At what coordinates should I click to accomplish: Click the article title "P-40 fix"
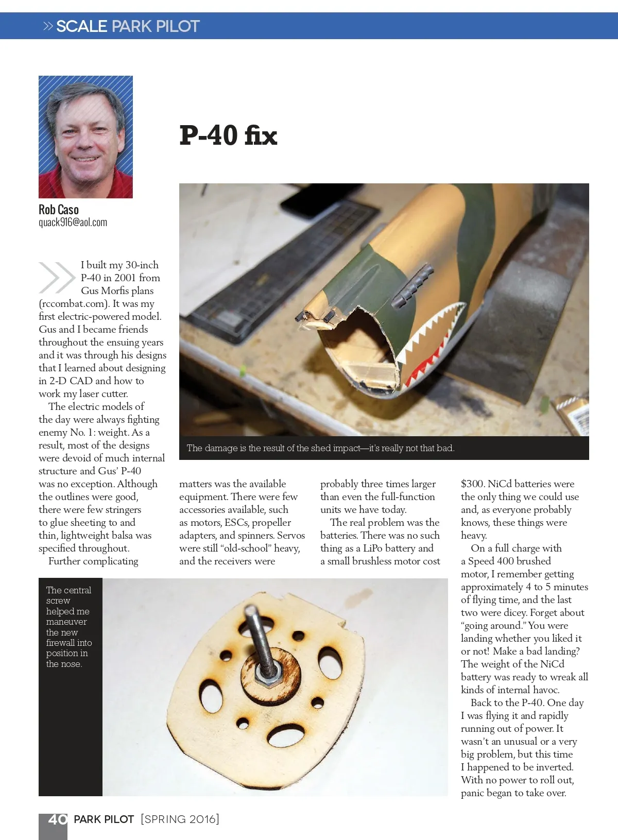(228, 135)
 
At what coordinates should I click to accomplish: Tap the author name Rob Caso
(59, 210)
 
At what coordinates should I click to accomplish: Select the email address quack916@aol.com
(73, 222)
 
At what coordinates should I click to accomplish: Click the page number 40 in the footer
(57, 819)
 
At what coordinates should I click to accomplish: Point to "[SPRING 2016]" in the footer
(180, 819)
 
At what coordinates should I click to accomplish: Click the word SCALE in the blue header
(82, 26)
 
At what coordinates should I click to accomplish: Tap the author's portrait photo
(85, 137)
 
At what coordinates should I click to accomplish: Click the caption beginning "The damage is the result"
(320, 448)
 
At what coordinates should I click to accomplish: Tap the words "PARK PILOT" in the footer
(104, 819)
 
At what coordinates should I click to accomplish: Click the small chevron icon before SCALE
(48, 26)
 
